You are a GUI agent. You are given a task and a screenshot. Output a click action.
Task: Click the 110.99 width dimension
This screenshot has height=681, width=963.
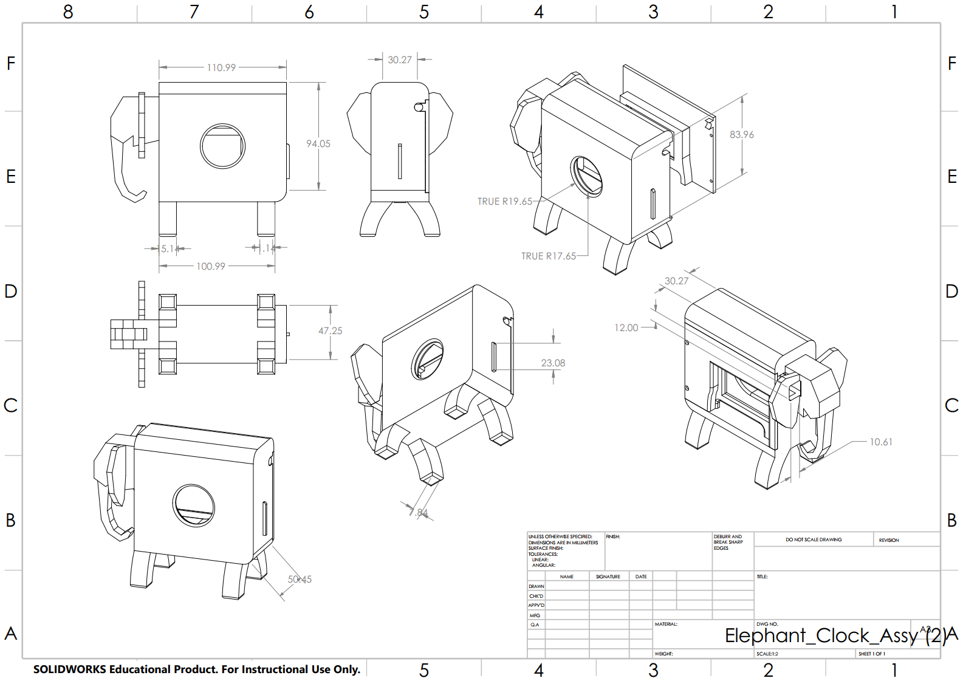pos(221,67)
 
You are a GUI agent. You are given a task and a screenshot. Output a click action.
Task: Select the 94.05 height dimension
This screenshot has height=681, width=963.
pos(318,143)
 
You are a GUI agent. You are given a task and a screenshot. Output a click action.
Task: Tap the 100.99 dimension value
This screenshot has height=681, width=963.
pos(211,266)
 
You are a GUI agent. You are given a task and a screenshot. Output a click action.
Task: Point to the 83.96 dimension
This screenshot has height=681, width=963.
pos(742,134)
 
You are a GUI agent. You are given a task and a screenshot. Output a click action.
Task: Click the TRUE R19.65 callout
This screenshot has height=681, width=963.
pos(505,201)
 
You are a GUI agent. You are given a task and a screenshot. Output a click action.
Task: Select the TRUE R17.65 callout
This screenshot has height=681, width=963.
pos(549,256)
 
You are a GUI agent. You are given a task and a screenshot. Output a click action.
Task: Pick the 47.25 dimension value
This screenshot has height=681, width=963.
pos(331,330)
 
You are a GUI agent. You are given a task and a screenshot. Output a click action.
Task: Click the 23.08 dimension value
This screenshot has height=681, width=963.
pos(553,363)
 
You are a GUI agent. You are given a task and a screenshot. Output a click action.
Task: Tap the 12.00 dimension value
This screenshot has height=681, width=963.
pos(626,327)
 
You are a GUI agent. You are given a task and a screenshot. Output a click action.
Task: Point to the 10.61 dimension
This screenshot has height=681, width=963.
pos(881,442)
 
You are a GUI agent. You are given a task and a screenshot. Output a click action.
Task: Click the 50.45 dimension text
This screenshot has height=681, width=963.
pos(300,579)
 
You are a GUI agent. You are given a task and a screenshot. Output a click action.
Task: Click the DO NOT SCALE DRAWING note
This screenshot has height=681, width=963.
pos(814,539)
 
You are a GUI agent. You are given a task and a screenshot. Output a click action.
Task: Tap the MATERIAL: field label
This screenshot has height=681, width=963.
pos(666,624)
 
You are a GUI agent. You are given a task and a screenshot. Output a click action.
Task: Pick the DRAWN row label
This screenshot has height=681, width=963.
pos(536,586)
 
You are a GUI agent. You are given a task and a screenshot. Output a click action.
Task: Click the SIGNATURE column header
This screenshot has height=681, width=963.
pos(608,577)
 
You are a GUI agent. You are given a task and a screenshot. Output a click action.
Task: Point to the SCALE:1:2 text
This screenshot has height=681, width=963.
pos(767,654)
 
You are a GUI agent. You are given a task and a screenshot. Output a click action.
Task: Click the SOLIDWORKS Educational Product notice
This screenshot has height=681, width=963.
pos(197,669)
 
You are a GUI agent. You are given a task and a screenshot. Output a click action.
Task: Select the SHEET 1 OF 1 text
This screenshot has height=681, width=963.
pos(871,654)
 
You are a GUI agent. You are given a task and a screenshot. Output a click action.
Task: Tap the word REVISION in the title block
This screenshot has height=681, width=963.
pos(888,540)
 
